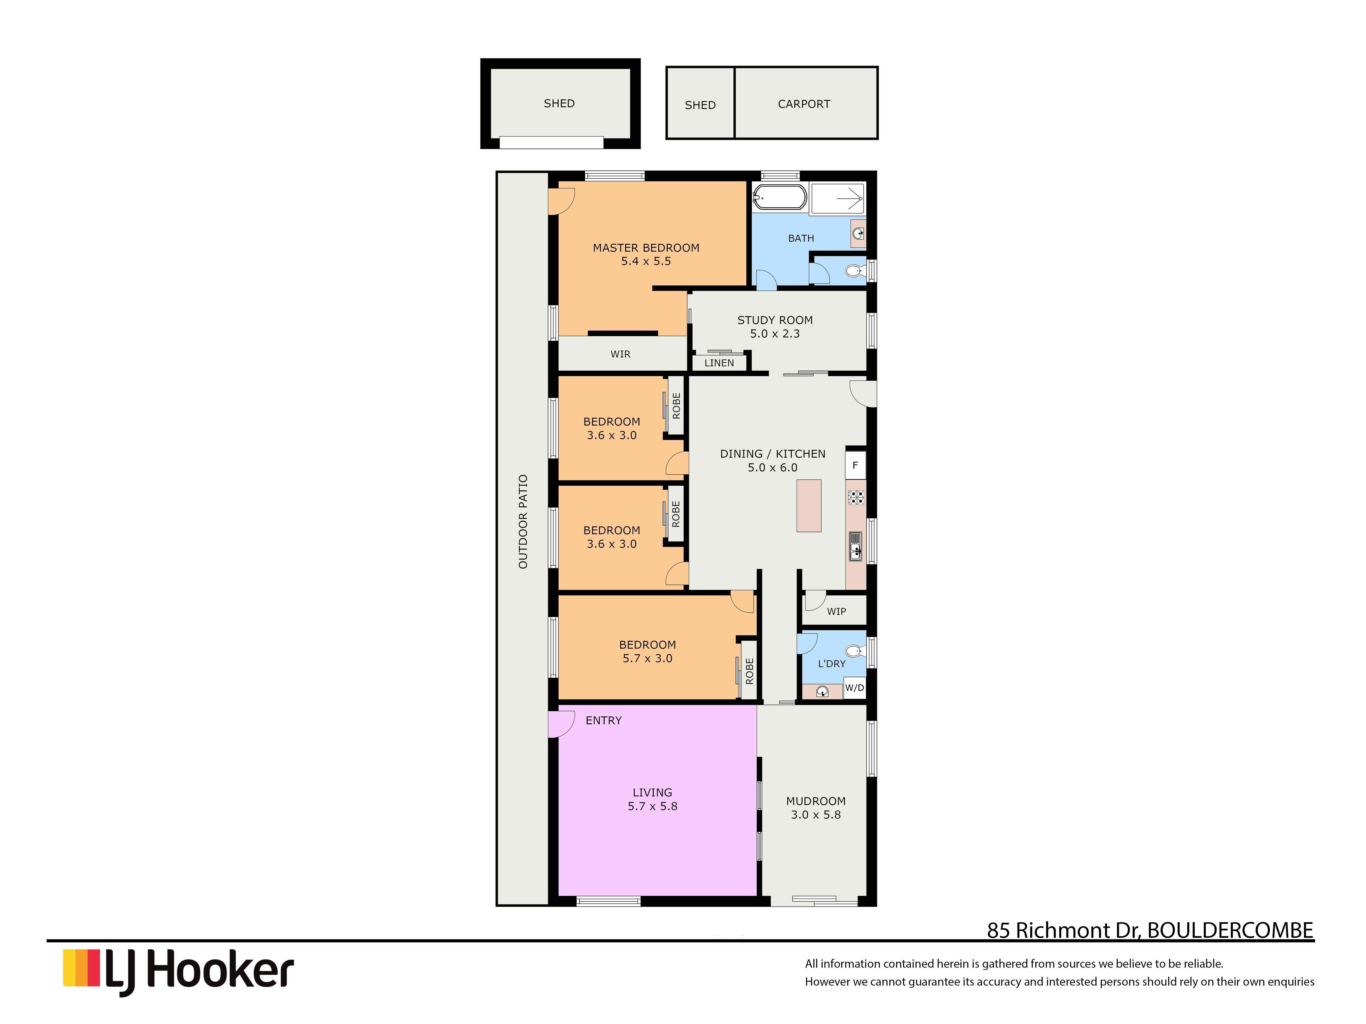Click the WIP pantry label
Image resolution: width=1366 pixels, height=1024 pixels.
pyautogui.click(x=836, y=611)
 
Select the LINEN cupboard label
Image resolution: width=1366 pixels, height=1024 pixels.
pyautogui.click(x=719, y=363)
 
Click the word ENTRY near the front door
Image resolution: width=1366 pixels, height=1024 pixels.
pyautogui.click(x=603, y=720)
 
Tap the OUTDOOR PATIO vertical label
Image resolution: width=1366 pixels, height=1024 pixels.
pyautogui.click(x=523, y=522)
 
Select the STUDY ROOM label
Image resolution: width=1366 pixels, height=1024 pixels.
pyautogui.click(x=774, y=320)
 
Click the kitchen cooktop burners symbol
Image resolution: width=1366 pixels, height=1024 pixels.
pyautogui.click(x=855, y=497)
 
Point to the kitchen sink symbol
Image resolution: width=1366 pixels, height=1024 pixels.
pyautogui.click(x=855, y=546)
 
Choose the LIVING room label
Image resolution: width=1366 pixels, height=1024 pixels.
pyautogui.click(x=652, y=792)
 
